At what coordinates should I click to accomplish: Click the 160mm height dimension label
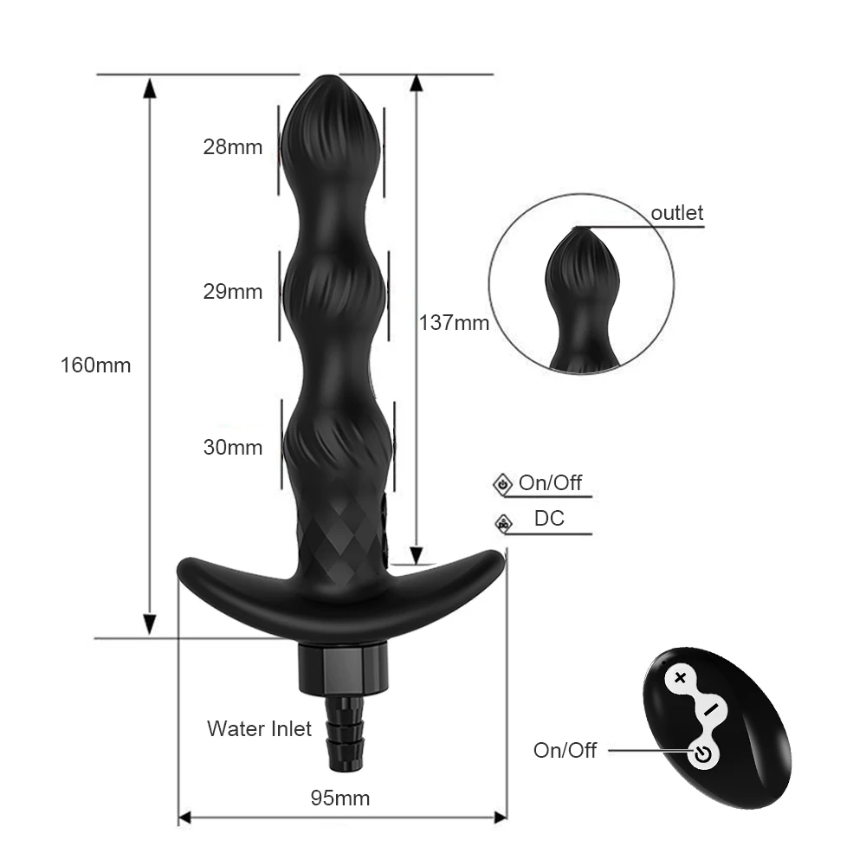click(95, 365)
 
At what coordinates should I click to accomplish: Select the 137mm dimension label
click(454, 323)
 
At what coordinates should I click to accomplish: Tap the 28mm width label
click(232, 146)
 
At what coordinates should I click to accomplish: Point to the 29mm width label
click(232, 292)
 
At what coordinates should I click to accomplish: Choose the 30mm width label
click(232, 448)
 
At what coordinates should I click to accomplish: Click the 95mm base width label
click(339, 798)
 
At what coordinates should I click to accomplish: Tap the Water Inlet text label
click(259, 728)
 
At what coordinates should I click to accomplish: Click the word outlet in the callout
click(677, 213)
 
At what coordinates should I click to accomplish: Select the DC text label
click(549, 519)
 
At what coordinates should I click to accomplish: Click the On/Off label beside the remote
click(565, 750)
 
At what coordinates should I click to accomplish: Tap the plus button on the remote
click(680, 678)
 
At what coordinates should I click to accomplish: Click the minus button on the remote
click(711, 709)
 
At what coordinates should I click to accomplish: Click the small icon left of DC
click(502, 522)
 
